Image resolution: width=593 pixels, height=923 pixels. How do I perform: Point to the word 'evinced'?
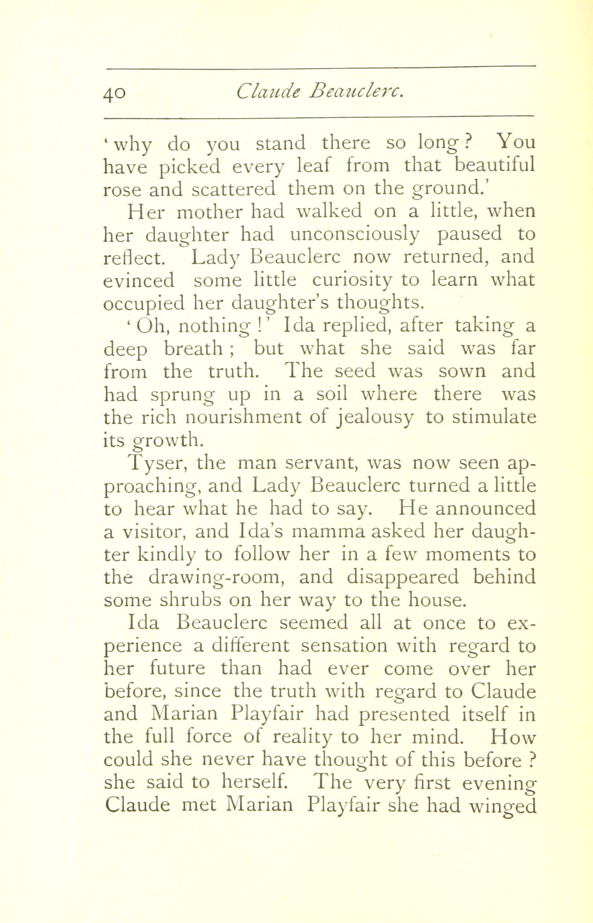click(x=138, y=280)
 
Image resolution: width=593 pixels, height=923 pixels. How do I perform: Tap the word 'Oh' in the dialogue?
click(x=151, y=326)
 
